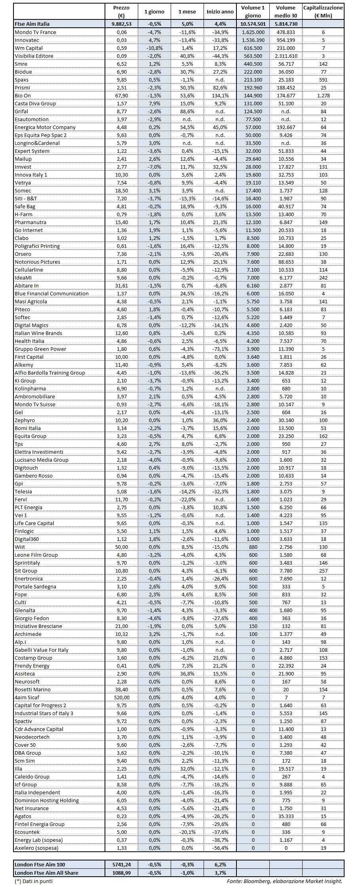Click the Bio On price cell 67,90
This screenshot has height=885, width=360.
point(122,95)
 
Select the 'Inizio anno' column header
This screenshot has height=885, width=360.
point(220,12)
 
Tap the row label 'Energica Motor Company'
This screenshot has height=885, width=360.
point(45,127)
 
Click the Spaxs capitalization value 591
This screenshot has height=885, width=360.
point(323,80)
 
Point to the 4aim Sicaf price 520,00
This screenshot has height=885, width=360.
point(122,697)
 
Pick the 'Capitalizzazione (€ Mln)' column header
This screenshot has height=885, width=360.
point(323,12)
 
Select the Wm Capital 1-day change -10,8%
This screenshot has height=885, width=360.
point(154,48)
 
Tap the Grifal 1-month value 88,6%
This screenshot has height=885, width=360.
point(187,111)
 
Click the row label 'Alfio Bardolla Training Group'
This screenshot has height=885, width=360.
point(50,373)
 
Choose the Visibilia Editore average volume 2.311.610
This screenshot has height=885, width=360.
point(286,56)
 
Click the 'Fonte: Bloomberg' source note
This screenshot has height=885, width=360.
point(284,881)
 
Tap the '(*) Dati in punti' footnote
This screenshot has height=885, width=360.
point(33,881)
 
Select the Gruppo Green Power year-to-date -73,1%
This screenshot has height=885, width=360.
point(220,349)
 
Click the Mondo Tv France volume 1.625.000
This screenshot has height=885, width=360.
point(253,32)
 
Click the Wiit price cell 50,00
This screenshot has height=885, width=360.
point(122,547)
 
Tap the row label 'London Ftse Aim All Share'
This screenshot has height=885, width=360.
point(46,872)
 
